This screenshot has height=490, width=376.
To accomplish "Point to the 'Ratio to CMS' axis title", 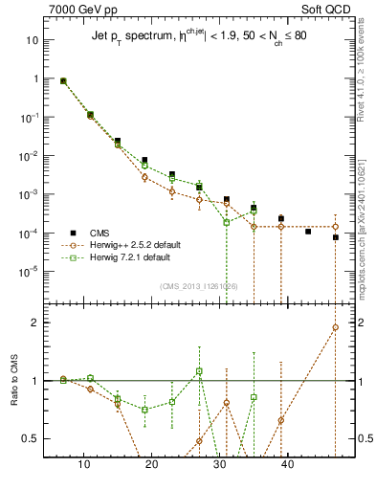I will click(x=13, y=399).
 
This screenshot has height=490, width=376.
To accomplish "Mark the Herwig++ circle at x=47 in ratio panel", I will click(x=336, y=327).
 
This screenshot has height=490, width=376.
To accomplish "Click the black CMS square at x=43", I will click(x=308, y=232).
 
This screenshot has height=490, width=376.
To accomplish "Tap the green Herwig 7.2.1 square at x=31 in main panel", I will click(x=227, y=222).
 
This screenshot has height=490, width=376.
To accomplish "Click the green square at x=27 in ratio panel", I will click(x=199, y=370).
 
